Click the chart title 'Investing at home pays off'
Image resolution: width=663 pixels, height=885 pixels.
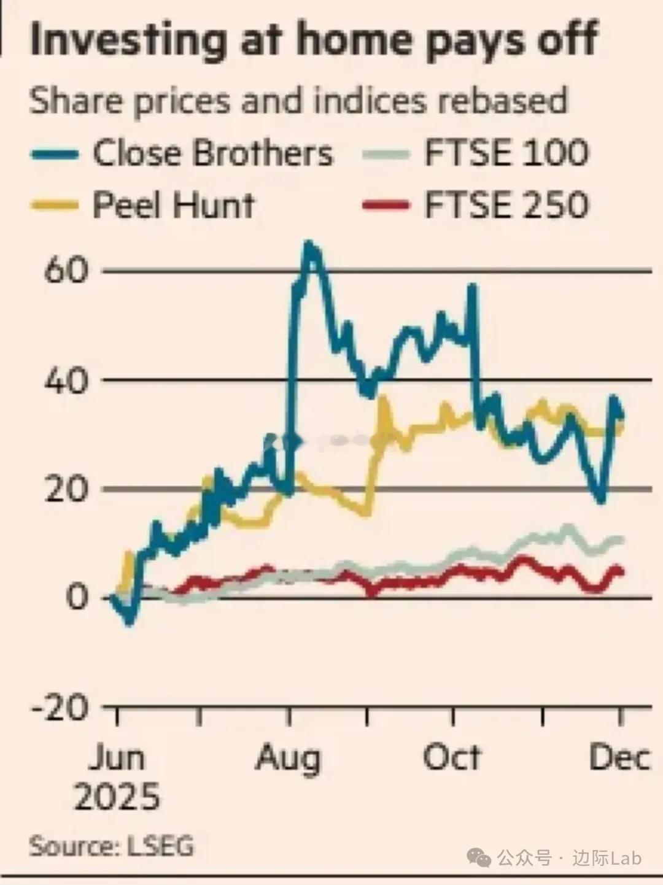pos(313,40)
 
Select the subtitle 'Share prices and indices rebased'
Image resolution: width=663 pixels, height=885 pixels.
pos(298,101)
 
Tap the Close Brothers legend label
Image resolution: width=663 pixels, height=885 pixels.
pos(212,153)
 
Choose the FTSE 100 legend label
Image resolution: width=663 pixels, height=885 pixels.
pos(506,153)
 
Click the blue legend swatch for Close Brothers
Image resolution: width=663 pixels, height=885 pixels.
pos(55,154)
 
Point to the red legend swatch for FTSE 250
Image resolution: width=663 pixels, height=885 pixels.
pos(386,205)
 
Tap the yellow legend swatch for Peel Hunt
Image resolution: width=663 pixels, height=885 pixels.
pos(55,206)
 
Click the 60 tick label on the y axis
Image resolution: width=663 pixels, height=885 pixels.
pos(66,271)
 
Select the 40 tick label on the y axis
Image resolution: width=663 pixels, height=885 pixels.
pos(66,381)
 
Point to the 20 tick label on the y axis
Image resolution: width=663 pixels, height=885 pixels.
pos(66,489)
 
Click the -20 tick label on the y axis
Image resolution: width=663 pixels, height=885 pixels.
pos(60,708)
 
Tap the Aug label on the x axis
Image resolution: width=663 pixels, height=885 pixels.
pos(289,759)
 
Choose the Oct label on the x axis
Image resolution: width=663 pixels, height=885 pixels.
pos(452,759)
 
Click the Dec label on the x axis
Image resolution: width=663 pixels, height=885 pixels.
pos(619,759)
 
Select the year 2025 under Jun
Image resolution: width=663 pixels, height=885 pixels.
pos(117,797)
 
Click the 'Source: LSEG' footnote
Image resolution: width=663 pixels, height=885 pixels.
pos(112,846)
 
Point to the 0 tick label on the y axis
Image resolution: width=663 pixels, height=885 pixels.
pos(77,597)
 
